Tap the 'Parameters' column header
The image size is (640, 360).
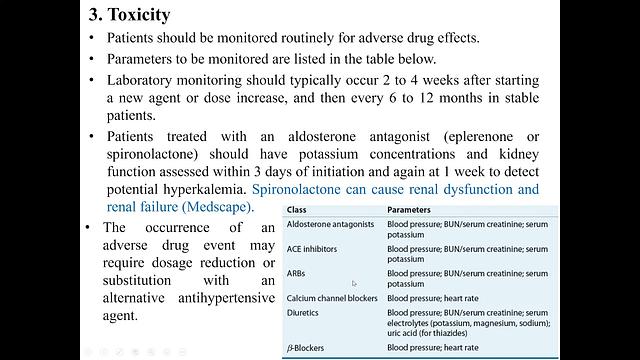click(x=416, y=211)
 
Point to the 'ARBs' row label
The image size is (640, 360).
click(x=298, y=273)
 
